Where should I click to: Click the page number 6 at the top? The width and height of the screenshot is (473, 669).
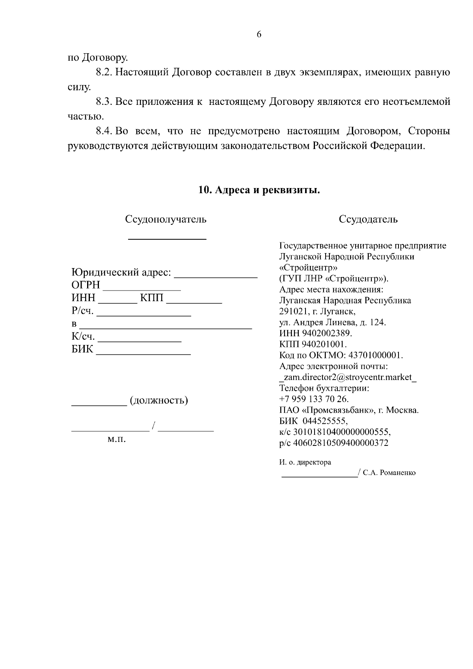tap(259, 35)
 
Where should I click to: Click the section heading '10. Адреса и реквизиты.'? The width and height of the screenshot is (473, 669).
tap(259, 190)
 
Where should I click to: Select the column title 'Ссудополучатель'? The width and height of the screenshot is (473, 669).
tap(166, 219)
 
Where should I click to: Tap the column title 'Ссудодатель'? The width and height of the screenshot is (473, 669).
tap(368, 219)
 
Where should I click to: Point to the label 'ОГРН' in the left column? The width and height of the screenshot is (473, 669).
tap(86, 285)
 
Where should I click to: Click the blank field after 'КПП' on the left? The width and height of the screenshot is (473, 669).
tap(194, 300)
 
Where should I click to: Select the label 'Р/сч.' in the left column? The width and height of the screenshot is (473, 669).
tap(83, 311)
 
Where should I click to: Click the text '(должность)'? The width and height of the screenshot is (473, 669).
tap(158, 401)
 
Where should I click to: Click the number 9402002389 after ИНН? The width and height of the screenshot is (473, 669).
tap(327, 334)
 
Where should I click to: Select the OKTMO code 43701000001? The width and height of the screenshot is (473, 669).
tap(376, 355)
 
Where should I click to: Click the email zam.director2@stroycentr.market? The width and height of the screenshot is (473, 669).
tap(348, 377)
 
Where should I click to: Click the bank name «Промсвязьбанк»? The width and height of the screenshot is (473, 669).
tap(338, 410)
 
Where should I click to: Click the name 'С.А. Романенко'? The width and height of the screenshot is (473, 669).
tap(389, 473)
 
